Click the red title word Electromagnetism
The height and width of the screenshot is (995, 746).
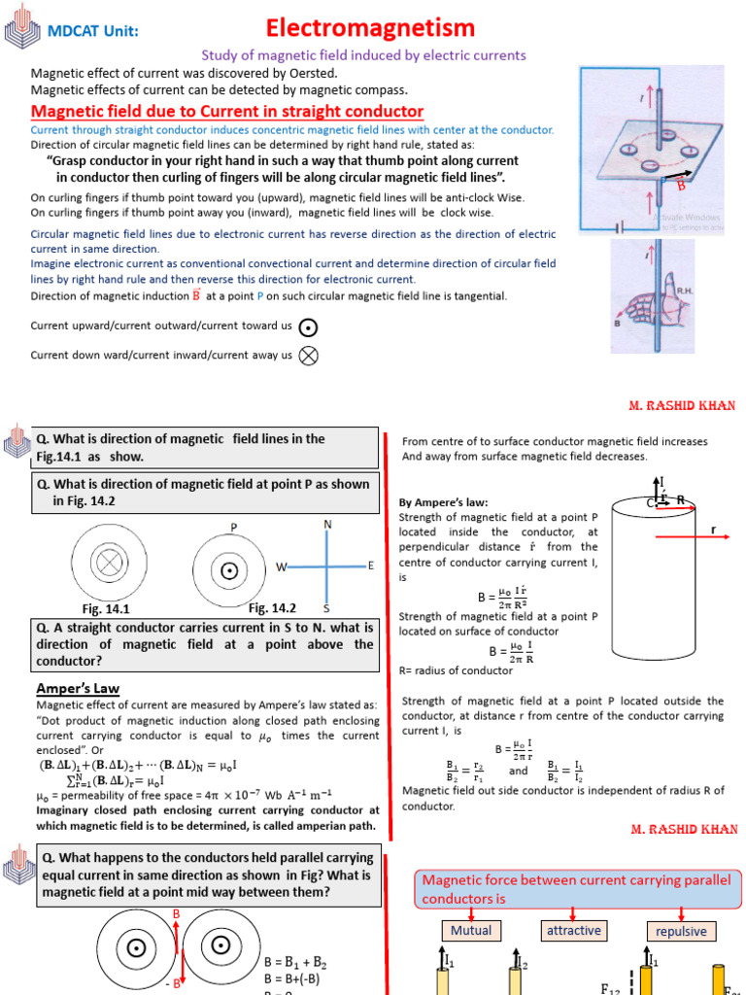(x=370, y=27)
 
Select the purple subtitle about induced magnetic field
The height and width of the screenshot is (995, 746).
(x=363, y=55)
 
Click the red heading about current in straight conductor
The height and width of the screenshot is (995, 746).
(x=227, y=111)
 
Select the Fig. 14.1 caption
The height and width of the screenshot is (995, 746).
(x=107, y=609)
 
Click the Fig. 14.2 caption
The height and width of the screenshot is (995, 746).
(x=272, y=608)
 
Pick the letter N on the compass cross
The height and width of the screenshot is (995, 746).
(x=327, y=525)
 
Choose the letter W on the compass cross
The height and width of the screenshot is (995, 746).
(x=281, y=566)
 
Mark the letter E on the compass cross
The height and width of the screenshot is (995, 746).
(x=370, y=566)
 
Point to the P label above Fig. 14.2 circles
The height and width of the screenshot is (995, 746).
(x=234, y=528)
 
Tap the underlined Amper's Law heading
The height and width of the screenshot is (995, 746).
(x=78, y=688)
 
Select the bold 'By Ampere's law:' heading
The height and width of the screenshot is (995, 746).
(x=444, y=502)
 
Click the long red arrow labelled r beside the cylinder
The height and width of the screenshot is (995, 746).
(x=686, y=532)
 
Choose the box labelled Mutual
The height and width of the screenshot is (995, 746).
(x=471, y=930)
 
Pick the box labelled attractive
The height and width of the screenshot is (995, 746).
(x=573, y=930)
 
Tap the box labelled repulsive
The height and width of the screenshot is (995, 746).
(x=681, y=931)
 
